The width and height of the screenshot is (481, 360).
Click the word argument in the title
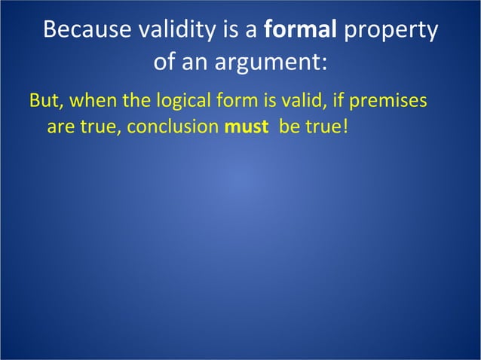pos(268,62)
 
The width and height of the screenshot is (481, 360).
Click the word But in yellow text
pos(43,100)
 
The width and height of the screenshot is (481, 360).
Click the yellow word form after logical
pos(237,100)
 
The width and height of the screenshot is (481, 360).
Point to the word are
pos(60,126)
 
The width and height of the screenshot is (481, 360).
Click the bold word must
pos(246,126)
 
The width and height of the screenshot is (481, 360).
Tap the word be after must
pos(289,126)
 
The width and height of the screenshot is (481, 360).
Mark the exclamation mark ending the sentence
pos(346,126)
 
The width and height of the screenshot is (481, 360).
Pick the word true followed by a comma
pos(100,126)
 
